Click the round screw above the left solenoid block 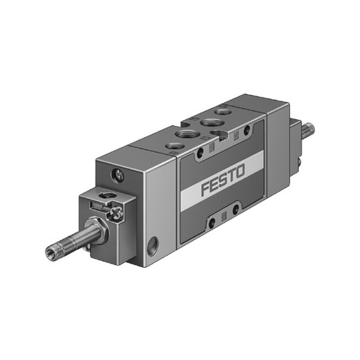pyautogui.click(x=118, y=176)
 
